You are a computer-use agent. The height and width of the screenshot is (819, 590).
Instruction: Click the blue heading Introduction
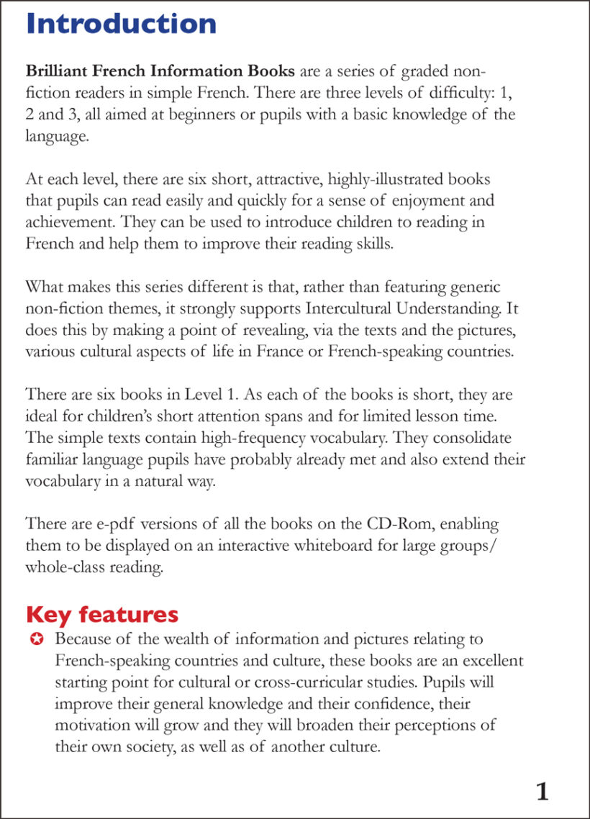pos(121,24)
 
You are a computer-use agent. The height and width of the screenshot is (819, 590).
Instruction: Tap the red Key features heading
pos(101,615)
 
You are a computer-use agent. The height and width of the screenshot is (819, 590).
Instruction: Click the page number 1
pos(543,792)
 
